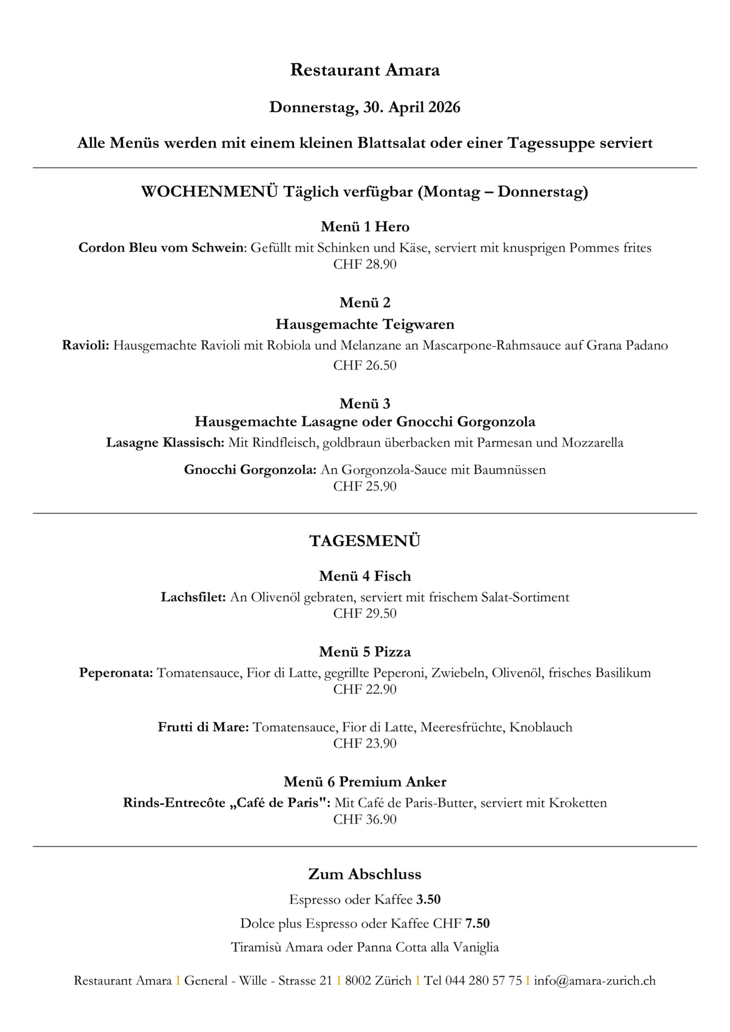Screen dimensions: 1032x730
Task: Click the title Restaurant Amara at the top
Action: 364,70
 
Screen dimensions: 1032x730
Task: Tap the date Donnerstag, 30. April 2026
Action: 364,107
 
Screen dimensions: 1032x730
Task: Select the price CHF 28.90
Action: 364,264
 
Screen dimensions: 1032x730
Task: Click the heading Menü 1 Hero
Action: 364,227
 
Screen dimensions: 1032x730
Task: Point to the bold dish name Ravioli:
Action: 85,346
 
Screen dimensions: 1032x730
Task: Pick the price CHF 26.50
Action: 364,365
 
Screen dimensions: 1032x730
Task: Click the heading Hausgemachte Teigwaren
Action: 364,325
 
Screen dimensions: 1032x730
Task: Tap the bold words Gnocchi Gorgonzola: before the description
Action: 250,470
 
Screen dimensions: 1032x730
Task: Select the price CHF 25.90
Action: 364,486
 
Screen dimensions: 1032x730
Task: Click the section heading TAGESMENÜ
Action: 364,541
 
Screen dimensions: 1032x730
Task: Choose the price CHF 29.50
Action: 364,614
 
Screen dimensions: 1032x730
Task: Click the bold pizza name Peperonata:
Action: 116,673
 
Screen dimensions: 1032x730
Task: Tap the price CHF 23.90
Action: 364,744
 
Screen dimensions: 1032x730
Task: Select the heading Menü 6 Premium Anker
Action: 364,782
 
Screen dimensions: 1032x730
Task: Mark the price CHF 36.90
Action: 364,820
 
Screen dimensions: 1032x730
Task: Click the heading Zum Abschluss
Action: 364,874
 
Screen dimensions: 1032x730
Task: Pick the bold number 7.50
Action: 477,924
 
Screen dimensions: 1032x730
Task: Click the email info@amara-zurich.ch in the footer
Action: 594,981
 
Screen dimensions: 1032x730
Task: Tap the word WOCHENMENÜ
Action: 210,192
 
